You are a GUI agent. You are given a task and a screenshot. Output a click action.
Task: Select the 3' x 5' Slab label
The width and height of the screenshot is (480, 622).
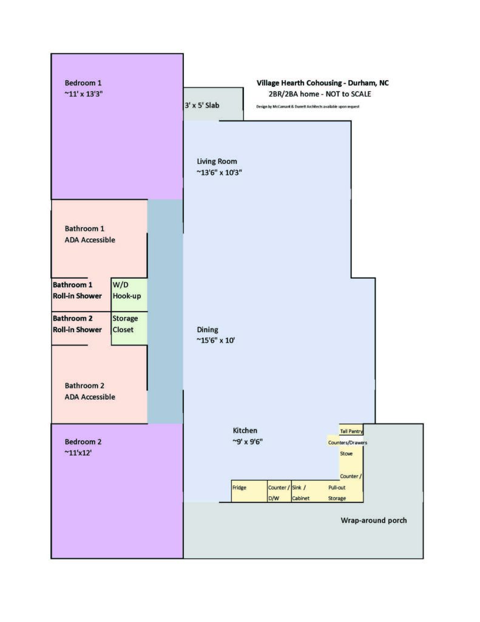coord(202,105)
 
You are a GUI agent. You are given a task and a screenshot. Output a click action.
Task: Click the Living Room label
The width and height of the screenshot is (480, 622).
coord(217,161)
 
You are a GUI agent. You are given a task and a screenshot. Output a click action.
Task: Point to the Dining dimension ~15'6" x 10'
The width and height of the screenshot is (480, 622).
coord(215,341)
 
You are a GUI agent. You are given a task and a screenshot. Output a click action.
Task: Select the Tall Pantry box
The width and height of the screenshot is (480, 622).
coord(351,431)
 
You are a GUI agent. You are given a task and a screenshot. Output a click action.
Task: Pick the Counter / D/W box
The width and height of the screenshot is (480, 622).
coord(279,492)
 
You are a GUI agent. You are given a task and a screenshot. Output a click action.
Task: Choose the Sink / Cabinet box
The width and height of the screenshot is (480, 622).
coord(302,492)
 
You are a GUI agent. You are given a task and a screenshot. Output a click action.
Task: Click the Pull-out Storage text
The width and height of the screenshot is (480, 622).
coord(337,493)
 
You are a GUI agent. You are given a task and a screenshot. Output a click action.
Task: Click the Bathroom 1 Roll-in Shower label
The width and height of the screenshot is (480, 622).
coord(77,290)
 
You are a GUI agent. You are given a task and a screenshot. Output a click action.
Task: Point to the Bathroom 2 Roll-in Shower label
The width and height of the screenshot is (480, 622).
coord(77,324)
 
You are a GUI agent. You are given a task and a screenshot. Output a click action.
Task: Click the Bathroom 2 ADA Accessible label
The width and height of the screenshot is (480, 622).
coord(90,391)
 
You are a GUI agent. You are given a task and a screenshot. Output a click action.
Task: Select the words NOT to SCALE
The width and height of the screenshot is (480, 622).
coord(346,94)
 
